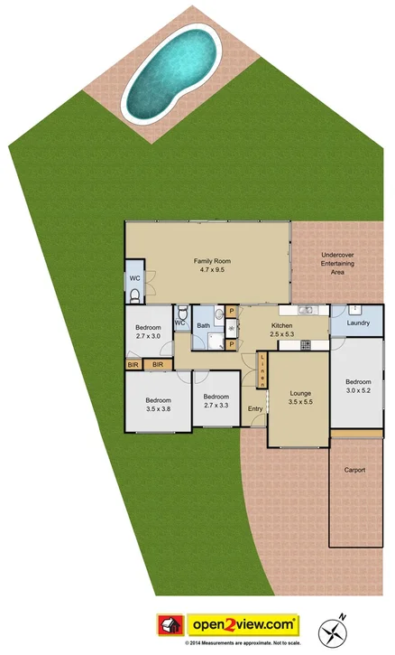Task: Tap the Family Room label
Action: (207, 266)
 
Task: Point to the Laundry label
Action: (358, 322)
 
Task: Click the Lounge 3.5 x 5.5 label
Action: (299, 398)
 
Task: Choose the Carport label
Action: (354, 470)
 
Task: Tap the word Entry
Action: (256, 409)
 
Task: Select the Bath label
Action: (204, 325)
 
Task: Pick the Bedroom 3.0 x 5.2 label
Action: (358, 387)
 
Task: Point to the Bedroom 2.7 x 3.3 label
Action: (216, 402)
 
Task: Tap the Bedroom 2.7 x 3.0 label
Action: (148, 331)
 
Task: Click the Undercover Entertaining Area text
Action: (339, 264)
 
